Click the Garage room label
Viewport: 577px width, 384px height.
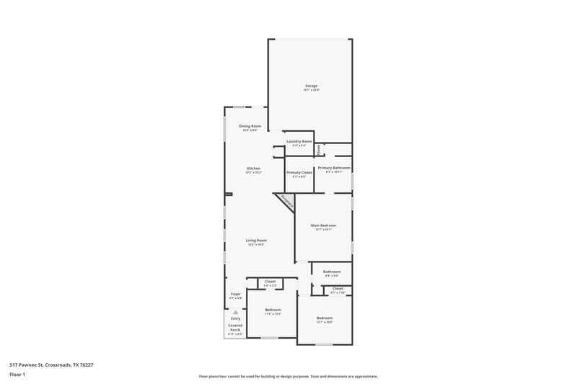[x=311, y=86]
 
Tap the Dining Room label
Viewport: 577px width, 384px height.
[x=249, y=127]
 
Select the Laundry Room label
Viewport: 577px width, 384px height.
[x=299, y=141]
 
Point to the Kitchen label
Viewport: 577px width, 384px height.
[x=253, y=169]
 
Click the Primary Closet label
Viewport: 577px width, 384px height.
[x=299, y=173]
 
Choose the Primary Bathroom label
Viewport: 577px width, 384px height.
[x=334, y=168]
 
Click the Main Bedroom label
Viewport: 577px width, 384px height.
[x=323, y=226]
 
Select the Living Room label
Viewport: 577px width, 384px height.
[x=256, y=241]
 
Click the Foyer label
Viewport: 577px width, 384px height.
[x=236, y=294]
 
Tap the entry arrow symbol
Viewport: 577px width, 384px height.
[x=235, y=312]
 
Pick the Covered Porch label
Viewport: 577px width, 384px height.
[x=236, y=328]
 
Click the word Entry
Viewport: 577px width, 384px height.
[x=236, y=318]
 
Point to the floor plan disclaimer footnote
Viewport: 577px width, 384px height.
[x=288, y=376]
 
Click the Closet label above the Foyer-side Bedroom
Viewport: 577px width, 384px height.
[x=270, y=282]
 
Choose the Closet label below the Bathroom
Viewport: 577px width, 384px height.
[x=338, y=289]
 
